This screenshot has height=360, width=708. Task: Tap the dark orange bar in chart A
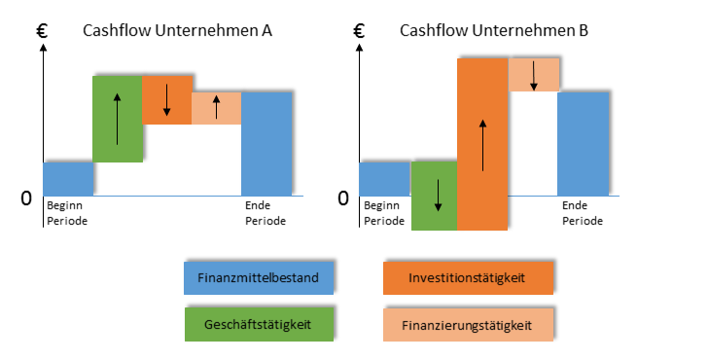pyautogui.click(x=166, y=98)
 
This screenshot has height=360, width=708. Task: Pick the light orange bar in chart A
pyautogui.click(x=216, y=108)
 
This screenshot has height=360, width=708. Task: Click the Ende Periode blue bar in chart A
pyautogui.click(x=266, y=143)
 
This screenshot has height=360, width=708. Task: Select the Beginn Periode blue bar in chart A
pyautogui.click(x=68, y=178)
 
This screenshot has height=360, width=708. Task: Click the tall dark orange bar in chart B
pyautogui.click(x=482, y=144)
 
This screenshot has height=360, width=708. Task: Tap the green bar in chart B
pyautogui.click(x=433, y=196)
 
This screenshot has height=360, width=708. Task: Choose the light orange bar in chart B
pyautogui.click(x=533, y=75)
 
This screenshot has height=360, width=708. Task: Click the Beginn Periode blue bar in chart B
pyautogui.click(x=384, y=178)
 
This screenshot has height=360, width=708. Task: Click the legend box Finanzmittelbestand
pyautogui.click(x=259, y=277)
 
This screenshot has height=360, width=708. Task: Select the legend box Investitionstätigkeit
pyautogui.click(x=469, y=277)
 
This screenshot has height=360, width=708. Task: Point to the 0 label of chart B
pyautogui.click(x=342, y=198)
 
